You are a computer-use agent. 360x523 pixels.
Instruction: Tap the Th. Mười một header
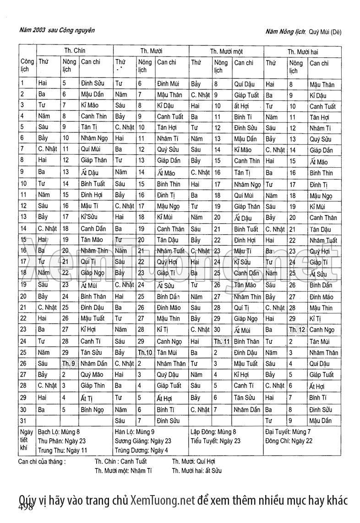(x=226, y=52)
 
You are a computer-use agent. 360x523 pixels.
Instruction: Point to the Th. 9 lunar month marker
(x=69, y=363)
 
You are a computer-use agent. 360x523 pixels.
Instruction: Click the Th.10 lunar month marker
(x=145, y=352)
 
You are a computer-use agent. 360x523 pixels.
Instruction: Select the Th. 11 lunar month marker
(x=221, y=341)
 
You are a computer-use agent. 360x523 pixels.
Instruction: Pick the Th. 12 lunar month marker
(x=297, y=330)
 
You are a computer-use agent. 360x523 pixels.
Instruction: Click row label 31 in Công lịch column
(x=23, y=420)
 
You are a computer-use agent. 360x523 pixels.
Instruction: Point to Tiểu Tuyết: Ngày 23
(x=215, y=441)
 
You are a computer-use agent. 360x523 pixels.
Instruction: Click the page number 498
(x=26, y=507)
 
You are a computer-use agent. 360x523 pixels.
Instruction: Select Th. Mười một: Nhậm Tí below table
(x=123, y=471)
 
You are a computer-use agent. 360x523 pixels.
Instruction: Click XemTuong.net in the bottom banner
(x=163, y=500)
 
